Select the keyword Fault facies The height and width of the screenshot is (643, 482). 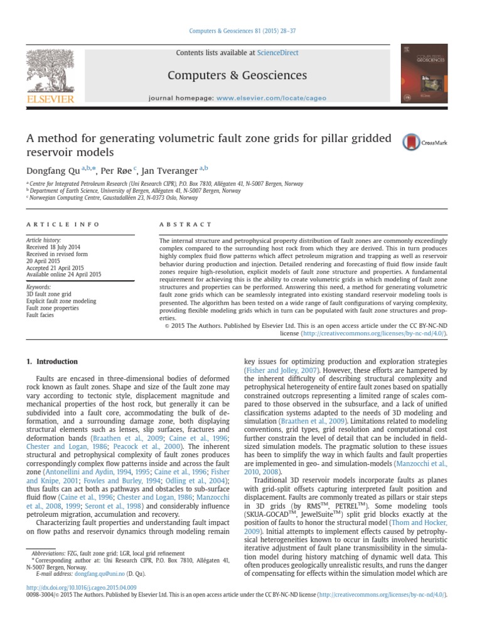40,315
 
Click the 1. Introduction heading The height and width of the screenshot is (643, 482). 51,362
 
